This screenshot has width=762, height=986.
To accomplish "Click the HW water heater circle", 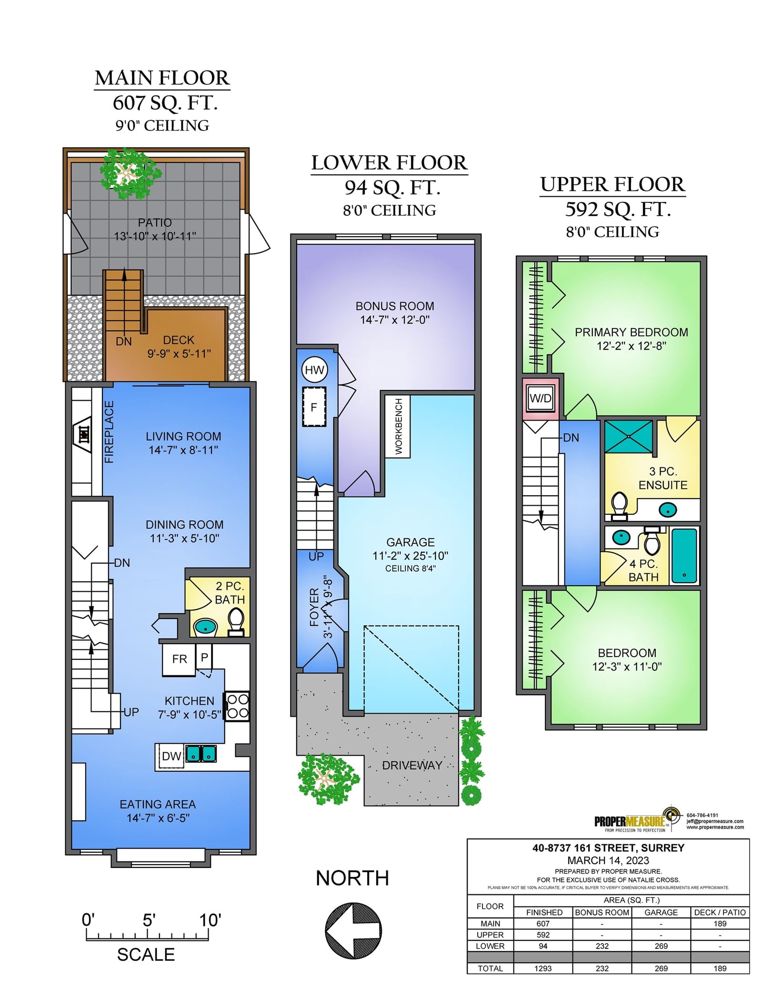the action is pyautogui.click(x=314, y=370).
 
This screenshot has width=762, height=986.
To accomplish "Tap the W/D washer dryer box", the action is pyautogui.click(x=541, y=398).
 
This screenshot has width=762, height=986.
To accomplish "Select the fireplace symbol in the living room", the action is pyautogui.click(x=84, y=434).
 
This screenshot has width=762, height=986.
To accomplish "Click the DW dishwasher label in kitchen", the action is pyautogui.click(x=171, y=756).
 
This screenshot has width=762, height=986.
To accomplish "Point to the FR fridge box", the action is pyautogui.click(x=179, y=659).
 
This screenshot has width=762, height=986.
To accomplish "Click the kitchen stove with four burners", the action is pyautogui.click(x=237, y=706).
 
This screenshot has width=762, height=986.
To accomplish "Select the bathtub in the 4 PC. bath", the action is pyautogui.click(x=684, y=555).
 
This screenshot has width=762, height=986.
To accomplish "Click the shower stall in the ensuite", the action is pyautogui.click(x=629, y=436).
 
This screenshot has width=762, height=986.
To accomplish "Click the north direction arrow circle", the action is pyautogui.click(x=353, y=930).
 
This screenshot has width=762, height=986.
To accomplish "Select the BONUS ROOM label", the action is pyautogui.click(x=395, y=306).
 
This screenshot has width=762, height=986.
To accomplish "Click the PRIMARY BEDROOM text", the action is pyautogui.click(x=632, y=332).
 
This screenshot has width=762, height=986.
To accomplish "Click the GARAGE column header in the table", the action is pyautogui.click(x=661, y=912).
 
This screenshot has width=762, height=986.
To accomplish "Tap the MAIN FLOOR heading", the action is pyautogui.click(x=162, y=78).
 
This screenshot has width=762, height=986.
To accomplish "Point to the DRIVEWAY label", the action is pyautogui.click(x=412, y=766).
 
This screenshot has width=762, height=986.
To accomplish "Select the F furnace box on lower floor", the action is pyautogui.click(x=314, y=407).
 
